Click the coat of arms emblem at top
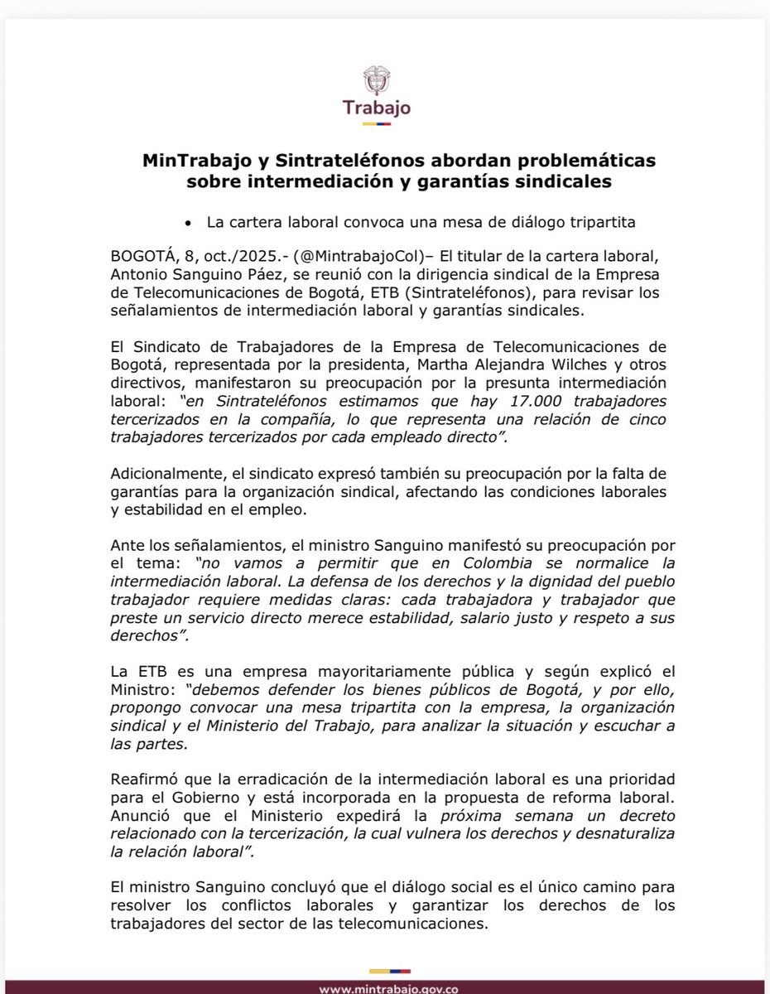pyautogui.click(x=385, y=80)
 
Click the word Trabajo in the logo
pyautogui.click(x=385, y=109)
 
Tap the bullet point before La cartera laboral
pyautogui.click(x=189, y=224)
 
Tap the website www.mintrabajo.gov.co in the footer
pyautogui.click(x=384, y=987)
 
